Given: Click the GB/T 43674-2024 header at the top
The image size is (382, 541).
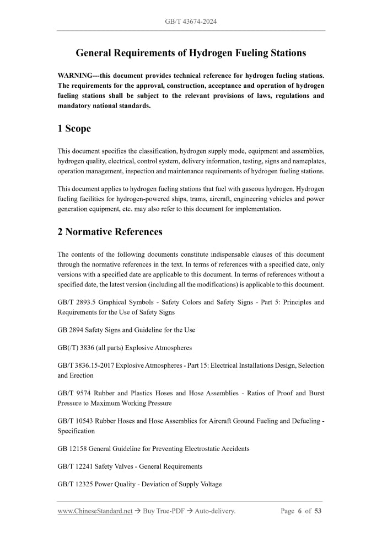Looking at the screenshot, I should coord(191,22).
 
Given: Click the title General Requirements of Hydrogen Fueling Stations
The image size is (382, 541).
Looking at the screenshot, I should coord(191,54).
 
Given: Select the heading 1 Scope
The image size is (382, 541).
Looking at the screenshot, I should coord(74,129).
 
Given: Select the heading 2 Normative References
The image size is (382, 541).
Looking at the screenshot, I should coord(110,232).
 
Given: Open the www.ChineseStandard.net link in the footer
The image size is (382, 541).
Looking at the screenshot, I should coord(95,511).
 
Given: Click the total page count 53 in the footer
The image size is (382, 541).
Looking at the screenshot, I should coord(318,511).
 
